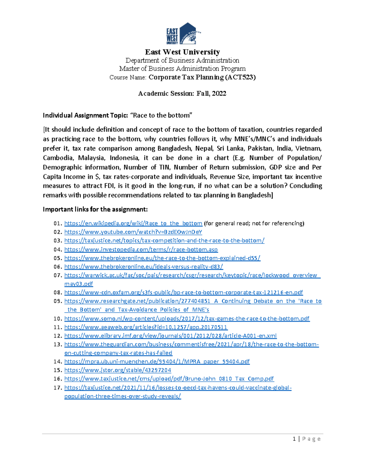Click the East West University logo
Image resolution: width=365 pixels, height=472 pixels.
tap(183, 34)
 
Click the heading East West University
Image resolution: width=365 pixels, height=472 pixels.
tap(182, 52)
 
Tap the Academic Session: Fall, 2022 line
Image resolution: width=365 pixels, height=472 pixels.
tap(182, 94)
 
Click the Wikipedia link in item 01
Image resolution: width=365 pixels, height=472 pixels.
tap(133, 223)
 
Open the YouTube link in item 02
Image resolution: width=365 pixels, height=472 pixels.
tap(133, 232)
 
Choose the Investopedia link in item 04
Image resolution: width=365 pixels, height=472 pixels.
tap(141, 250)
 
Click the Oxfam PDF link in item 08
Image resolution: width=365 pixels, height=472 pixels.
tap(183, 292)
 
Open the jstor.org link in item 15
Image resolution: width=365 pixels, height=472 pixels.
tap(118, 370)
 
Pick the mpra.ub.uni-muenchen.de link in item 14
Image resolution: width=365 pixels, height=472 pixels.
tap(157, 362)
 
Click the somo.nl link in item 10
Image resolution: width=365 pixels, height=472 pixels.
tap(187, 319)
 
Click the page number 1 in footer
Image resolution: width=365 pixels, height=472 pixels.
tap(294, 439)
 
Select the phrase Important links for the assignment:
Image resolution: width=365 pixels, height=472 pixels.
tap(95, 209)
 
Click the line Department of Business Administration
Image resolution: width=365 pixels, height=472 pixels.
tap(182, 60)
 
